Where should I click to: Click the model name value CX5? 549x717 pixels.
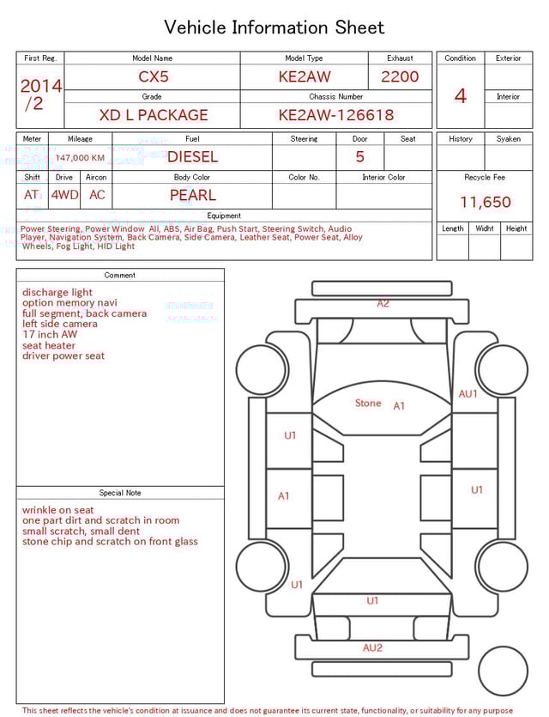click(x=154, y=76)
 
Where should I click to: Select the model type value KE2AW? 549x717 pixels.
click(x=304, y=76)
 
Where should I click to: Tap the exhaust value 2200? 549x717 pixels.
click(x=400, y=76)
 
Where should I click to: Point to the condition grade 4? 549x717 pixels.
click(x=460, y=96)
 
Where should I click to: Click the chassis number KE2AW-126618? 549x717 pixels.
click(x=335, y=115)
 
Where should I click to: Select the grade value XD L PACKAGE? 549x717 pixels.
click(x=153, y=115)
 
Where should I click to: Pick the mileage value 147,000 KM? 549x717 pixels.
click(x=80, y=158)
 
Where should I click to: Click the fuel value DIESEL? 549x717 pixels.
click(x=192, y=157)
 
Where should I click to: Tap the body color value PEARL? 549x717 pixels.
click(x=192, y=195)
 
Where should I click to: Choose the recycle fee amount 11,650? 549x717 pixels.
click(x=485, y=203)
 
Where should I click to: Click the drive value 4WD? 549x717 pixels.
click(x=64, y=195)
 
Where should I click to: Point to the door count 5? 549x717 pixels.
click(x=359, y=157)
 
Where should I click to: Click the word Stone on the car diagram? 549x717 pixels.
click(x=368, y=403)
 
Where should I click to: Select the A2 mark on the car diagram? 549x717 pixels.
click(x=383, y=303)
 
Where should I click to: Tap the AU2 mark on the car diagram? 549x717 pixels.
click(x=372, y=647)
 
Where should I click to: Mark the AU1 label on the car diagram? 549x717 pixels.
click(x=468, y=393)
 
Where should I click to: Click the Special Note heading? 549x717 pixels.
click(x=120, y=493)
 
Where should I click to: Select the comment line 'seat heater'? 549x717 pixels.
click(x=49, y=345)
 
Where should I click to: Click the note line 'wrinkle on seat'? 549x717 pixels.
click(x=58, y=510)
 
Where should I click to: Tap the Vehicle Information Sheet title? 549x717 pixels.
click(x=274, y=27)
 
